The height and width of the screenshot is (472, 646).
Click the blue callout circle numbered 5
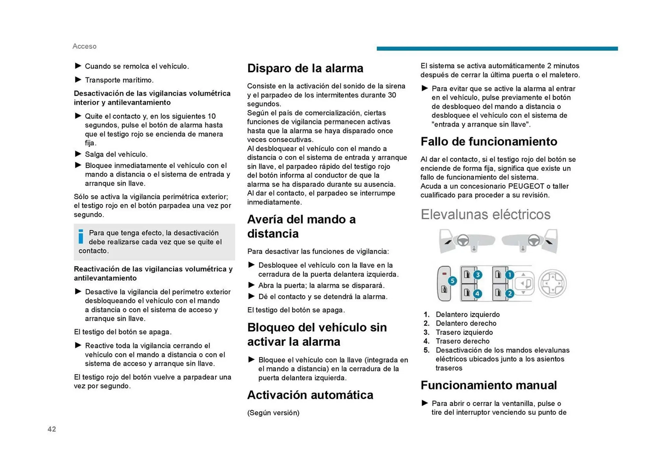pyautogui.click(x=452, y=281)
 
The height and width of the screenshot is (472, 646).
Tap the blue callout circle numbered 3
pyautogui.click(x=477, y=275)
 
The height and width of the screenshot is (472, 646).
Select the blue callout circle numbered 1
pyautogui.click(x=510, y=275)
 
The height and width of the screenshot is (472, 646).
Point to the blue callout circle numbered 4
pyautogui.click(x=477, y=294)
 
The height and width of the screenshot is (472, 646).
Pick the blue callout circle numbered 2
pyautogui.click(x=510, y=294)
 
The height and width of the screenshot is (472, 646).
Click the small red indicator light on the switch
pyautogui.click(x=444, y=274)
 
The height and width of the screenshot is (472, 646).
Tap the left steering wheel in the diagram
pyautogui.click(x=463, y=240)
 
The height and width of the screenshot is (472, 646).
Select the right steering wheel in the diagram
pyautogui.click(x=534, y=240)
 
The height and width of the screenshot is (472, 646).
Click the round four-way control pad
pyautogui.click(x=552, y=283)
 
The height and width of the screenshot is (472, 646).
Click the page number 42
pyautogui.click(x=52, y=429)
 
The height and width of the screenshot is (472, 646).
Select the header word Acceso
pyautogui.click(x=84, y=46)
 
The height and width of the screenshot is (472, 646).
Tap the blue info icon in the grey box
pyautogui.click(x=81, y=236)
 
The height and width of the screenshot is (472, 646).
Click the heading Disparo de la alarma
pyautogui.click(x=305, y=68)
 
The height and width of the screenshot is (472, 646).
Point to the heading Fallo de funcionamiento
pyautogui.click(x=489, y=141)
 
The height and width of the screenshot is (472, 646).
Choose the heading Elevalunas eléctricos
pyautogui.click(x=485, y=214)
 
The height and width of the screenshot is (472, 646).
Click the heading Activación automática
pyautogui.click(x=310, y=395)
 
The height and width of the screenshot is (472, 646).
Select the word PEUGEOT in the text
pyautogui.click(x=526, y=186)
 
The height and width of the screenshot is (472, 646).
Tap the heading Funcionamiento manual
pyautogui.click(x=489, y=385)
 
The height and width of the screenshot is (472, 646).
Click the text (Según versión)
pyautogui.click(x=273, y=413)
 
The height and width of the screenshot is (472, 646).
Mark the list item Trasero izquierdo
pyautogui.click(x=464, y=332)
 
